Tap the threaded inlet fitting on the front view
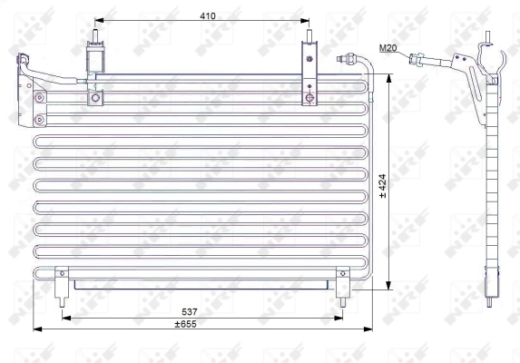pyautogui.click(x=347, y=59)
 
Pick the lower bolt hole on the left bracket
pyautogui.click(x=38, y=119)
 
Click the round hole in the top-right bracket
pyautogui.click(x=310, y=96)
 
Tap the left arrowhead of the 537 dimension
pyautogui.click(x=64, y=316)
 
